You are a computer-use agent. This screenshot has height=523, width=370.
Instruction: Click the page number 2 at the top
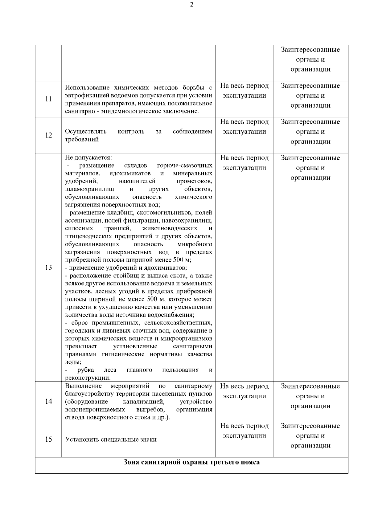click(x=192, y=5)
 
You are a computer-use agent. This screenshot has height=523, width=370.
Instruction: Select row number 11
click(x=48, y=99)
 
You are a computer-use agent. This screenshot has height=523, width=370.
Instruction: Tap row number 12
click(x=48, y=135)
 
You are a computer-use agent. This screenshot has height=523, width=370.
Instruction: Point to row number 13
click(x=48, y=268)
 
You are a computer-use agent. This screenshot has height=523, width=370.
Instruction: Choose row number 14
click(x=48, y=401)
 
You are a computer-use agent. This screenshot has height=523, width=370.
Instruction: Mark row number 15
click(x=48, y=439)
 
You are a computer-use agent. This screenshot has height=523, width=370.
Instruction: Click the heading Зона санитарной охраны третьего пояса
click(x=191, y=462)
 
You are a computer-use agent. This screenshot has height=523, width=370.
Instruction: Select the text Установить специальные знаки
click(x=111, y=439)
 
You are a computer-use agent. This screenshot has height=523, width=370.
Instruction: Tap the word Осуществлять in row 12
click(x=86, y=132)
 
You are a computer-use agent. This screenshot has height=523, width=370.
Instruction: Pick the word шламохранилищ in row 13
click(x=89, y=189)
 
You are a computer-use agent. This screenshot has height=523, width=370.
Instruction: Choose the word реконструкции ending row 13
click(x=87, y=378)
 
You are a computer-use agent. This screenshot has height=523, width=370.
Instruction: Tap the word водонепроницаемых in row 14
click(x=95, y=410)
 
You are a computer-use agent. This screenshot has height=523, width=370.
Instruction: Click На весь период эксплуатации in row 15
click(x=244, y=431)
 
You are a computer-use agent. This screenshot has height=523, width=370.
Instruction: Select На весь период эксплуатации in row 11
click(x=244, y=90)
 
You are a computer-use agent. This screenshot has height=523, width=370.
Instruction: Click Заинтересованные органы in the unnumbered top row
click(x=310, y=55)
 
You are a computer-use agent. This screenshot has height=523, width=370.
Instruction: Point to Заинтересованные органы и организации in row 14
click(x=310, y=396)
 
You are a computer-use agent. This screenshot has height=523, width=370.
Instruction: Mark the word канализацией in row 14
click(x=143, y=402)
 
